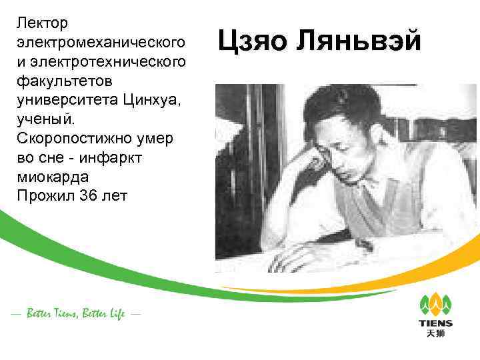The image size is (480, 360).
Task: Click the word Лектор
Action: [x=43, y=23]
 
